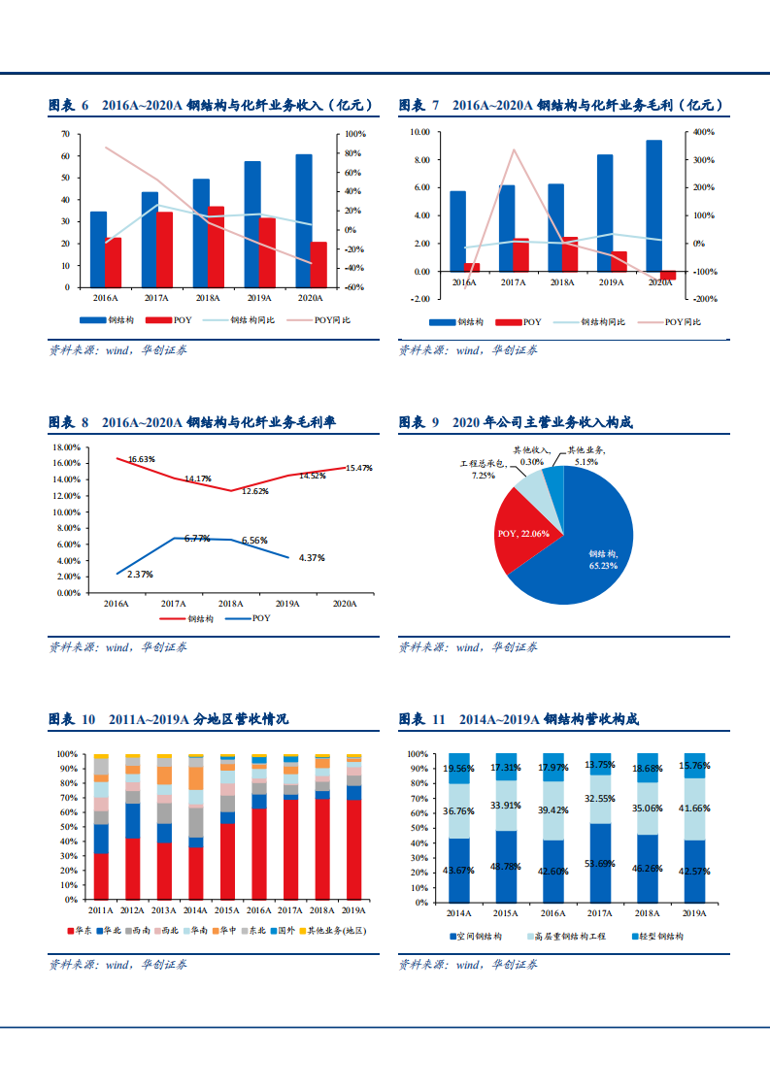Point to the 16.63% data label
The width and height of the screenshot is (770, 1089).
(x=142, y=458)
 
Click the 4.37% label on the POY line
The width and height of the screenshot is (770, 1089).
(x=312, y=558)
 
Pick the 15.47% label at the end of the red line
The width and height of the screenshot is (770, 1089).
(x=358, y=468)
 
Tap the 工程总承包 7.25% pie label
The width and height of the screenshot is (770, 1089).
(x=483, y=471)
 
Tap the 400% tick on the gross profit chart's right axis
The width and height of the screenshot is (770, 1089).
(x=703, y=132)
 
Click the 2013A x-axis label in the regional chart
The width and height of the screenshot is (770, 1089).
(x=163, y=910)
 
